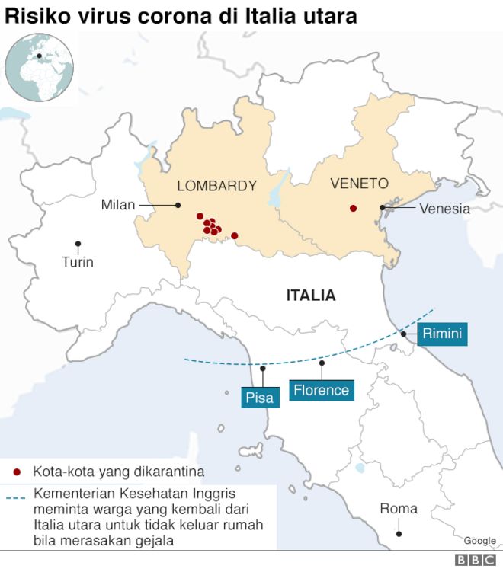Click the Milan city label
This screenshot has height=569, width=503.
117,205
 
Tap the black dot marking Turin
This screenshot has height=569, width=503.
78,244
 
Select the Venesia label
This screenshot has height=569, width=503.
445,208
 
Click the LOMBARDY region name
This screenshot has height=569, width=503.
216,185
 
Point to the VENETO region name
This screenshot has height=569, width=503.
359,184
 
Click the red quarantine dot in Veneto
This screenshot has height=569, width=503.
353,208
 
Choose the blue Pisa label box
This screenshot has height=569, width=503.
259,397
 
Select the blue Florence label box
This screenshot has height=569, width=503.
321,391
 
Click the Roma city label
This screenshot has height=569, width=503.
399,508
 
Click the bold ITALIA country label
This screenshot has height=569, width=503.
311,295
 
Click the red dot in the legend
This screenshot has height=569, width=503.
17,472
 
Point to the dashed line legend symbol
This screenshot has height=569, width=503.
16,499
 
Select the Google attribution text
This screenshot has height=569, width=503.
479,540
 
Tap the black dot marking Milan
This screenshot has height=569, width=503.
178,205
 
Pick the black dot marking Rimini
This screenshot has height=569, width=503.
403,334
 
